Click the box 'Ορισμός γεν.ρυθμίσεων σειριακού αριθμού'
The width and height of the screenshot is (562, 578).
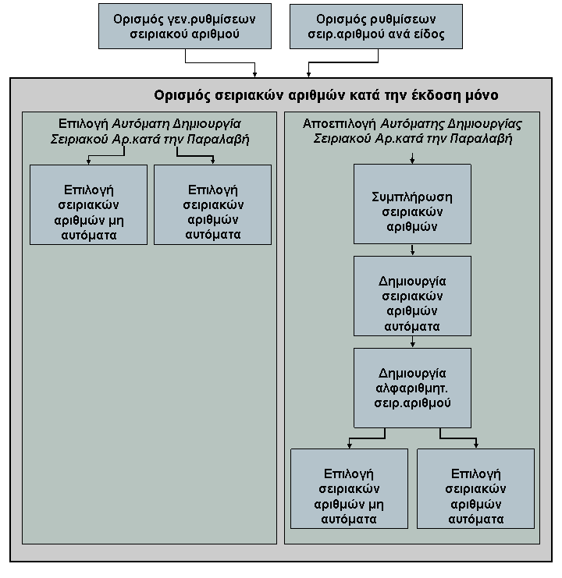(x=185, y=27)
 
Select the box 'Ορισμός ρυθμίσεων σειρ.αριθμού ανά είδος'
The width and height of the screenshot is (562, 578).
(x=375, y=27)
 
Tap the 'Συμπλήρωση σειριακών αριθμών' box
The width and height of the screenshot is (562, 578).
(x=412, y=204)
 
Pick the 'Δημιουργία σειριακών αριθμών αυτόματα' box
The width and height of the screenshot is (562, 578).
(x=412, y=296)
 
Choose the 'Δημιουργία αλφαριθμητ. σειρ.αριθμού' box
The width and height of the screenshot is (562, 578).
(x=412, y=388)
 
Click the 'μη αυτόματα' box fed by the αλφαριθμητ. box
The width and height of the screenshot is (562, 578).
(x=349, y=489)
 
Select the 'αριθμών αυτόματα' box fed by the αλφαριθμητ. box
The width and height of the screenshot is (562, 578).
(x=475, y=489)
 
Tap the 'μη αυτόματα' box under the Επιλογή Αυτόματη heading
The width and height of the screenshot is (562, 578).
(x=88, y=204)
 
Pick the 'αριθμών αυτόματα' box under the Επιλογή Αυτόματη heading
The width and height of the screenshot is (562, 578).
(x=213, y=204)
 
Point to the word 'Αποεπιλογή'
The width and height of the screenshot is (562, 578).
(x=339, y=124)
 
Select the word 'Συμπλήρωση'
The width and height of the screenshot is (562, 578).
(x=411, y=197)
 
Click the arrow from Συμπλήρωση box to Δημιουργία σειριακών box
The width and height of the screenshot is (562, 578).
(x=412, y=250)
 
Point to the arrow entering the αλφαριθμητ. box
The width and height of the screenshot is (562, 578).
(x=412, y=342)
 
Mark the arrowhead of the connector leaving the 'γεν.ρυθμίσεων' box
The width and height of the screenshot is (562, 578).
(x=254, y=75)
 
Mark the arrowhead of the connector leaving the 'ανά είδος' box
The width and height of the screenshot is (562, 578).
(x=308, y=75)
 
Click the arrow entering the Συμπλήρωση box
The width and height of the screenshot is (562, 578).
(x=412, y=158)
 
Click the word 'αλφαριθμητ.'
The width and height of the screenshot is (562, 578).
(x=411, y=388)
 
